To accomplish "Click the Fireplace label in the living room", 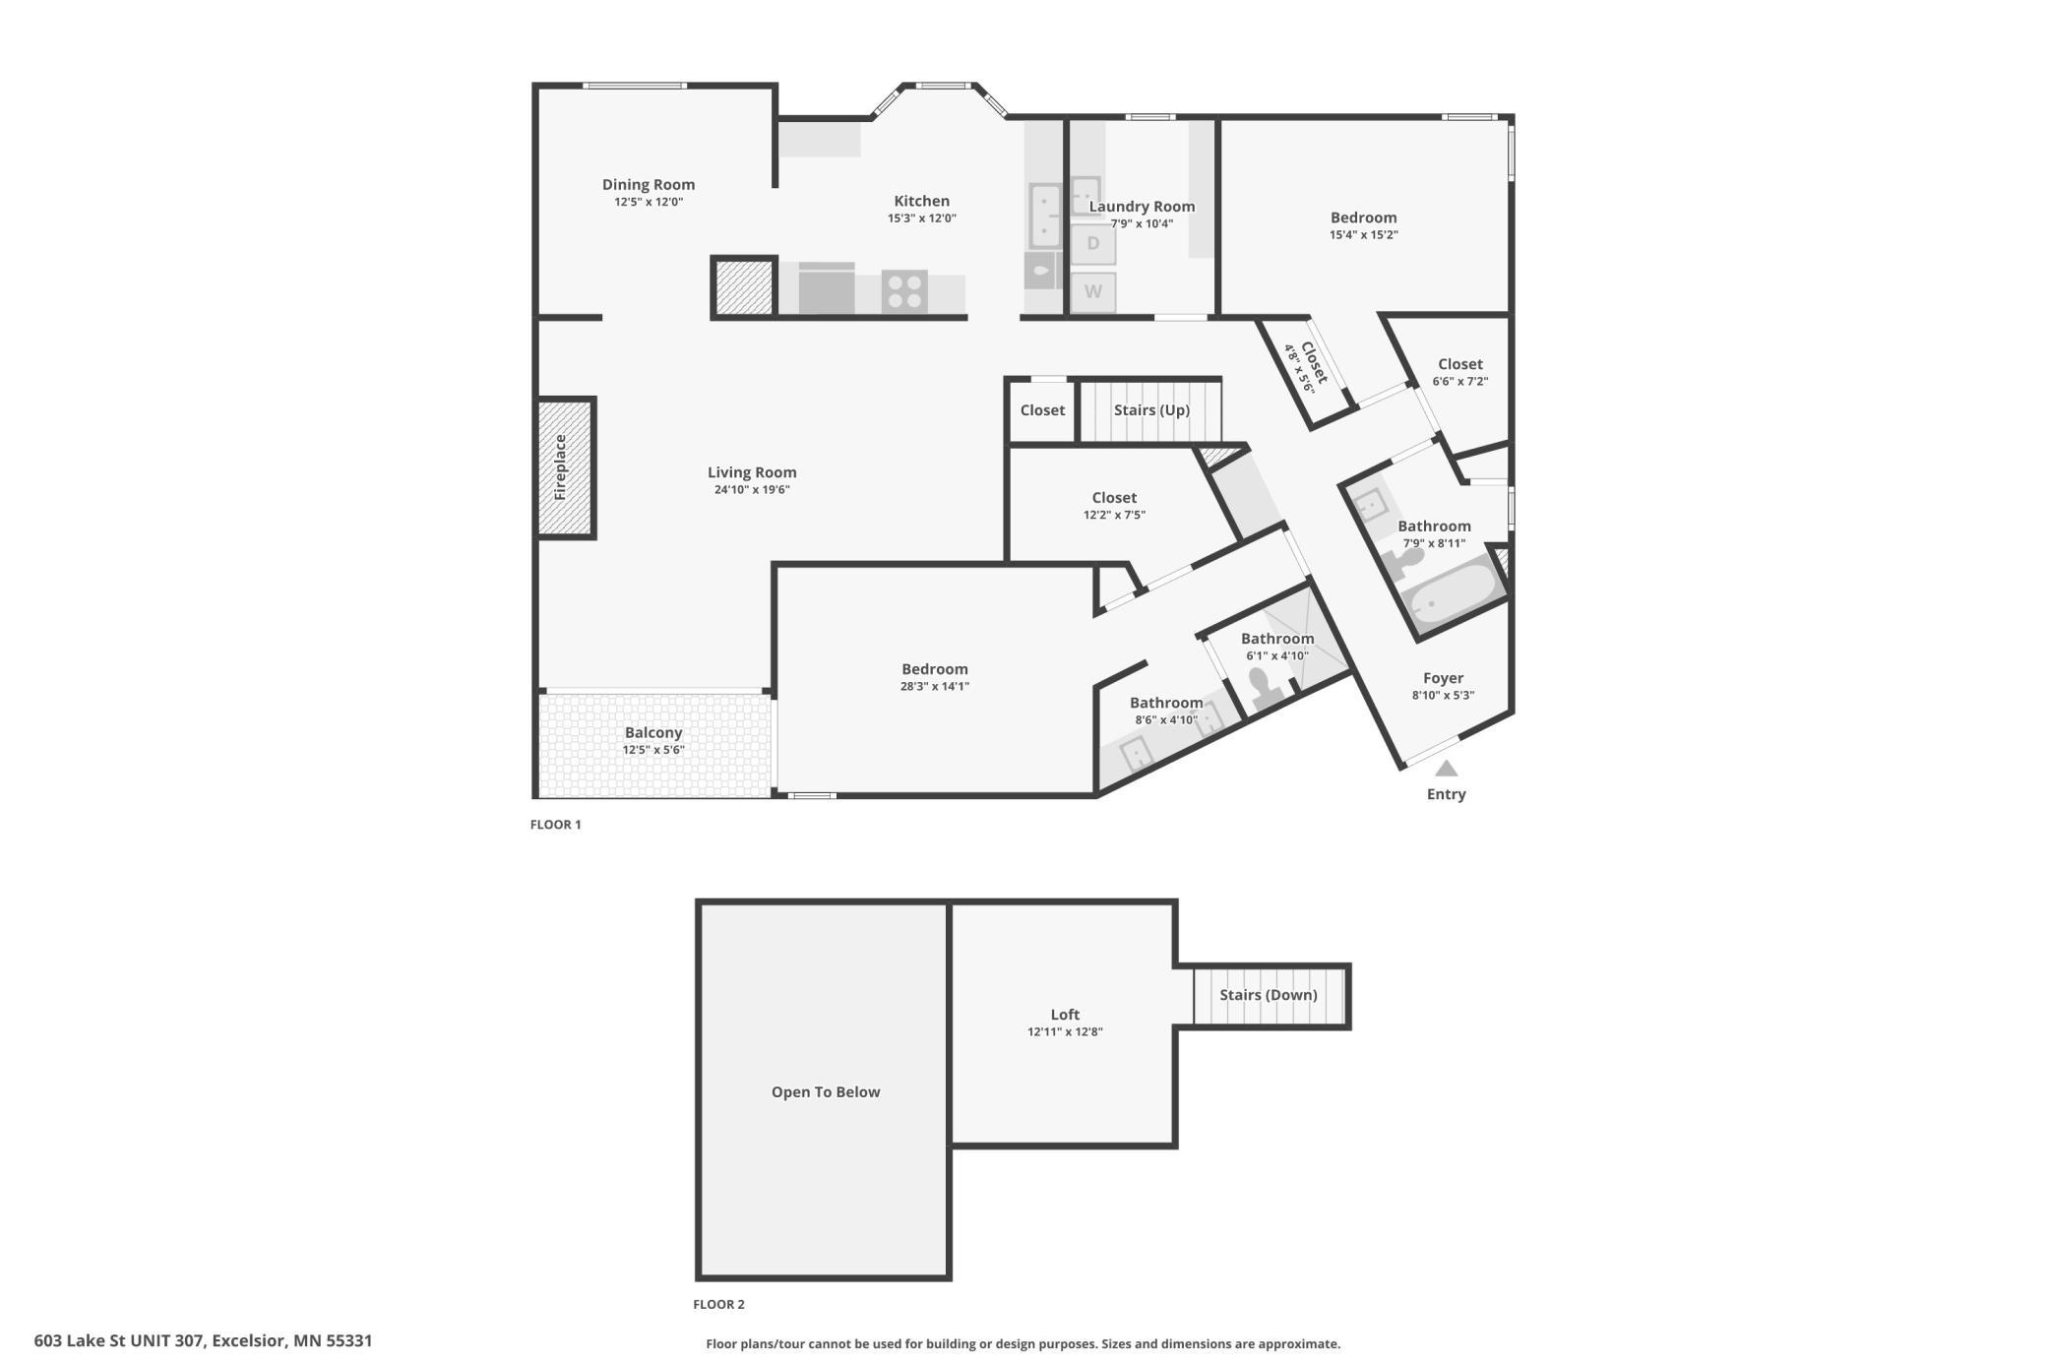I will (x=560, y=467).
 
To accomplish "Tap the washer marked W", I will (x=1092, y=292).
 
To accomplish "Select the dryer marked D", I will (x=1092, y=243).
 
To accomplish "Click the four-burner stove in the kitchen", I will (x=903, y=290).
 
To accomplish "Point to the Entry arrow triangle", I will (x=1446, y=769).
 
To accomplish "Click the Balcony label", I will (x=653, y=732).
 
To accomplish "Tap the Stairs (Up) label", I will (x=1151, y=409).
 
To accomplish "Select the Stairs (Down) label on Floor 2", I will (x=1268, y=995).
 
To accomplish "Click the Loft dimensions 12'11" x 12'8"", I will (x=1065, y=1032).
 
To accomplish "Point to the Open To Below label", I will (x=826, y=1091).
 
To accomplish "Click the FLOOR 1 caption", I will (x=556, y=825).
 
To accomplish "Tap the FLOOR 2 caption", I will (x=718, y=1304).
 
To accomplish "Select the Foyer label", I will (x=1443, y=678).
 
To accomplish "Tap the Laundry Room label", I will (x=1142, y=207).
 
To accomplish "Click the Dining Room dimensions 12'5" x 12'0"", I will (x=649, y=202).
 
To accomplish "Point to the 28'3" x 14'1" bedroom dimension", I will (x=934, y=687).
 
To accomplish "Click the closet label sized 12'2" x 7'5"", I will (x=1114, y=498).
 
